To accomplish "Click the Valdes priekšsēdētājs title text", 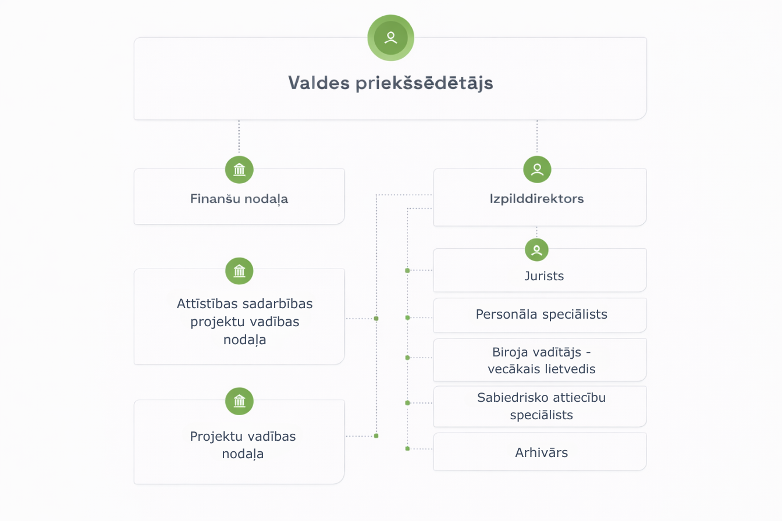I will [390, 83].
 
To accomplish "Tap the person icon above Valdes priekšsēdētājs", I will [390, 38].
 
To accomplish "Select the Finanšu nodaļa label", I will [239, 199].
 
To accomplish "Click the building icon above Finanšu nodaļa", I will [239, 170].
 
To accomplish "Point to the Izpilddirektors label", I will [536, 199].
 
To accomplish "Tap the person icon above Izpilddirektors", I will [537, 170].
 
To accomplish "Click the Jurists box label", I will [544, 276].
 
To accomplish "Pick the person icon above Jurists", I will [536, 250].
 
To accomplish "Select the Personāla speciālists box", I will [541, 315].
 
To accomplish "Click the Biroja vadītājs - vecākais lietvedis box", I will [541, 360].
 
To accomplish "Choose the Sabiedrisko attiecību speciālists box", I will [541, 406].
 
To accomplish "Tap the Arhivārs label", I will [541, 452].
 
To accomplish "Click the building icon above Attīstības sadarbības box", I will [239, 271].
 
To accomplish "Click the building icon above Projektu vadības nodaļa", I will [239, 401].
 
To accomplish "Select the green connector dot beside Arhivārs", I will [407, 448].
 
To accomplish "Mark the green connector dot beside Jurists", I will [407, 270].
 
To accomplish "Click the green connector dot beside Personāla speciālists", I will [407, 317].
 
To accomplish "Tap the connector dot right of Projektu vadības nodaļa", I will [376, 436].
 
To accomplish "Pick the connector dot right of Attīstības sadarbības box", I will [376, 319].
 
